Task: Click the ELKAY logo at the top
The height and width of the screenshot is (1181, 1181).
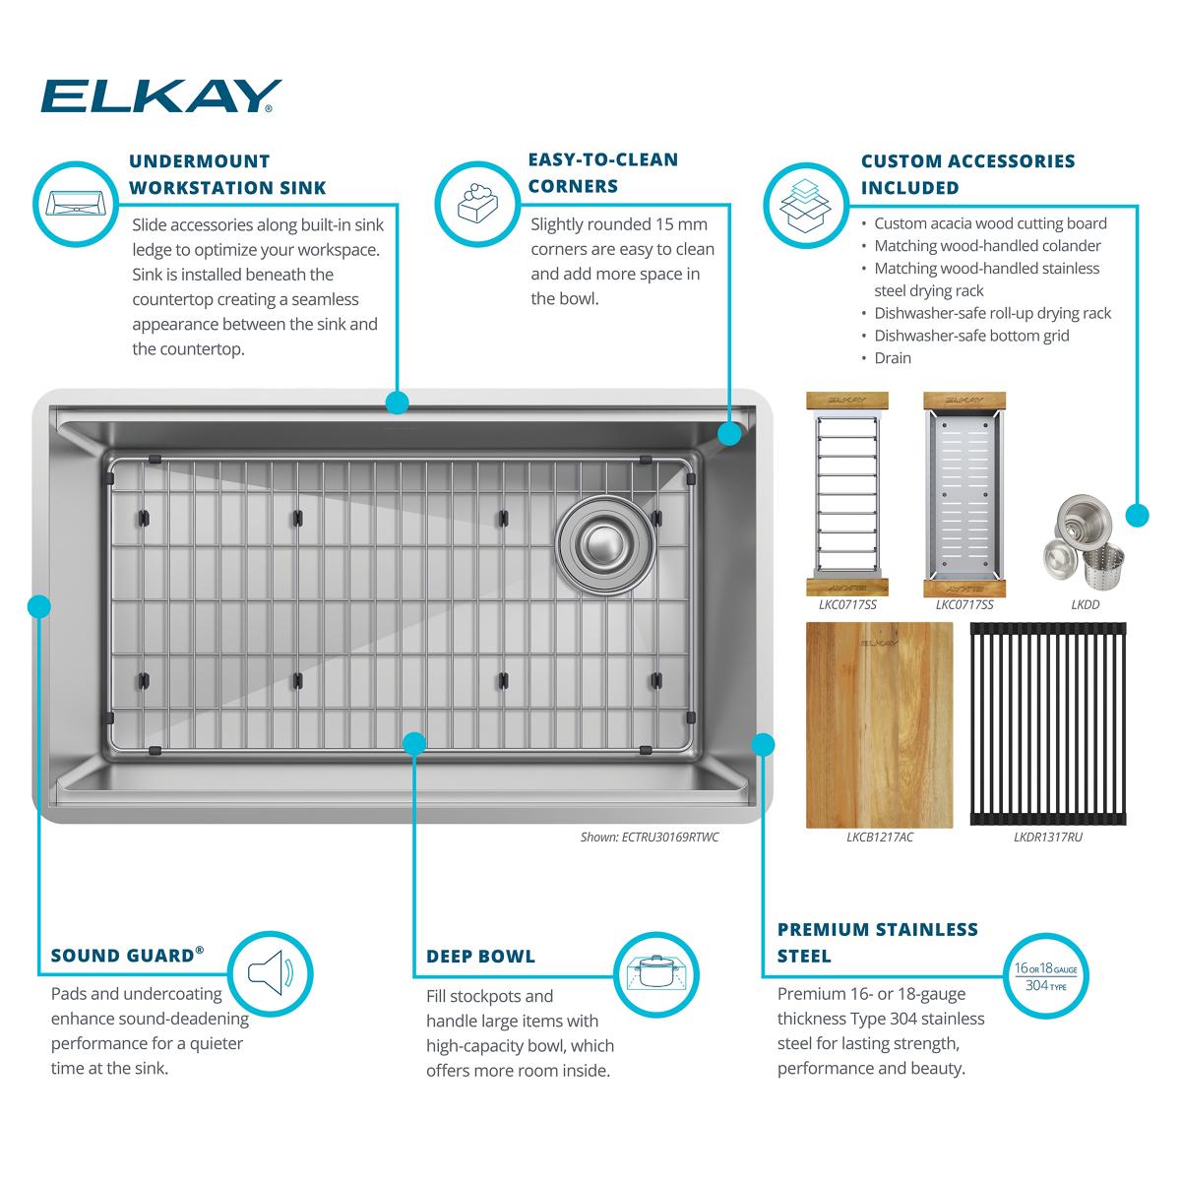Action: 161,96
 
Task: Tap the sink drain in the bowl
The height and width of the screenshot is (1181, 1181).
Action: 605,544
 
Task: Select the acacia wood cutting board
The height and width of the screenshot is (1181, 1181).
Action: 880,725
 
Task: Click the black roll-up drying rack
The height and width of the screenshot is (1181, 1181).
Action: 1048,723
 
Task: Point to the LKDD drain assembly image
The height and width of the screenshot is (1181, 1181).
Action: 1085,543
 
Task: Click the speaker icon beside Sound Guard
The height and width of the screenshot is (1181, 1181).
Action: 271,973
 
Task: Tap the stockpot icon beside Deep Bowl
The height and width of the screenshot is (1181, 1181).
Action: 655,973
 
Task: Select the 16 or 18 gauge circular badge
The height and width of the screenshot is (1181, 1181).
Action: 1045,975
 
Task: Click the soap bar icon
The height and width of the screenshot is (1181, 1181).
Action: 477,203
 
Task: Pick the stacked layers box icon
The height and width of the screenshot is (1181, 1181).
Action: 805,206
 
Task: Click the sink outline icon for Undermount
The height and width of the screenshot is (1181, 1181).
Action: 76,204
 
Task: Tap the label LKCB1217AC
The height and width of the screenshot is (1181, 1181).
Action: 880,838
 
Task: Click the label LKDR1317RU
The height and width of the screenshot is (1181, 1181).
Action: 1048,838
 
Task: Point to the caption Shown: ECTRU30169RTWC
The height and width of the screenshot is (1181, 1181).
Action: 650,838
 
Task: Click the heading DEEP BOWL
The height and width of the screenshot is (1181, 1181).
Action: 480,956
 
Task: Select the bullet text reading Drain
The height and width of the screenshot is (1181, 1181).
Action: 893,358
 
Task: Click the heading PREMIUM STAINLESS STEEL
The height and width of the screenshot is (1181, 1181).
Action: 878,943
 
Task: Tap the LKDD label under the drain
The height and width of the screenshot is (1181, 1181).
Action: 1085,605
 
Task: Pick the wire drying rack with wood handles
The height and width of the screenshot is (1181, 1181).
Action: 847,494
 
